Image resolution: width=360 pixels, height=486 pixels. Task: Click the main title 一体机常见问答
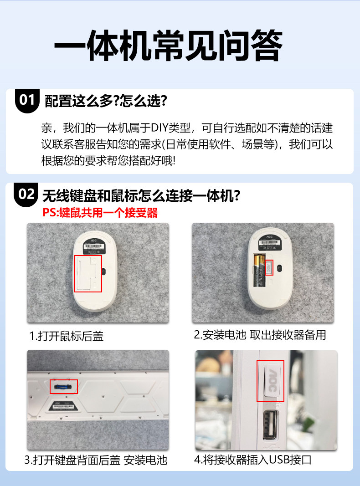pyautogui.click(x=168, y=46)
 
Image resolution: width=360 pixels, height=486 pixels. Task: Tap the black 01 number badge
pyautogui.click(x=27, y=100)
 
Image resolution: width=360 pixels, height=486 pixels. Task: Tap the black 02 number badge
pyautogui.click(x=26, y=194)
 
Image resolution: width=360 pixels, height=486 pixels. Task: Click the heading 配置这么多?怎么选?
pyautogui.click(x=106, y=101)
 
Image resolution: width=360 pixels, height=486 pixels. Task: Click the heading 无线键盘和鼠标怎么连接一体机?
pyautogui.click(x=141, y=195)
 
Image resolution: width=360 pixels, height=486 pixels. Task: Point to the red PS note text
pyautogui.click(x=100, y=213)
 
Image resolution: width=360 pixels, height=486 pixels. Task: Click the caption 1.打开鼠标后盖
pyautogui.click(x=67, y=336)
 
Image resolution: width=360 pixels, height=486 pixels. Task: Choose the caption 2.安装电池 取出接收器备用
pyautogui.click(x=260, y=335)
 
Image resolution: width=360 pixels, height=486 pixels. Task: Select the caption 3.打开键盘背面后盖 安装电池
pyautogui.click(x=96, y=460)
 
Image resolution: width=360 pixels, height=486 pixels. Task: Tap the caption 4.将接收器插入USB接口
pyautogui.click(x=253, y=460)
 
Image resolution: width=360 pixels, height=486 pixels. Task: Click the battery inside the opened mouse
pyautogui.click(x=259, y=271)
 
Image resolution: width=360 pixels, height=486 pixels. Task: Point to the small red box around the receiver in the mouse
pyautogui.click(x=269, y=267)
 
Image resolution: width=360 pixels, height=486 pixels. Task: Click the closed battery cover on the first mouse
pyautogui.click(x=88, y=273)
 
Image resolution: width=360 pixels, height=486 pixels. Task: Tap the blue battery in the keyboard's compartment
pyautogui.click(x=63, y=387)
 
